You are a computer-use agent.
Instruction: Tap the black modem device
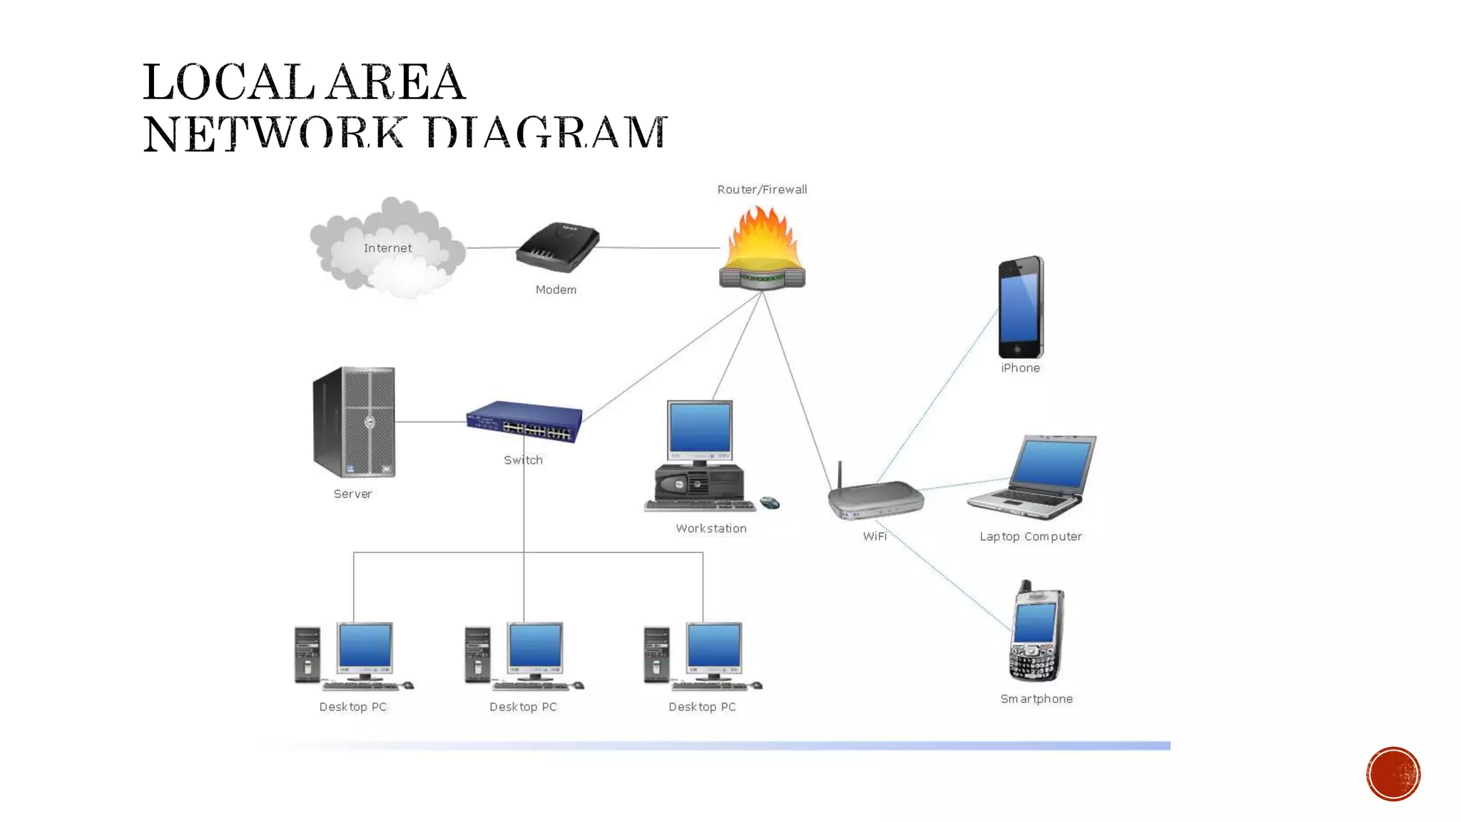[x=558, y=247]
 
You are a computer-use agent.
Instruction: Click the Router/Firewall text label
[x=762, y=189]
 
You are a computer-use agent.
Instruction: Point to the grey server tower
[x=354, y=422]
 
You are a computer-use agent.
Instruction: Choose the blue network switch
[x=524, y=422]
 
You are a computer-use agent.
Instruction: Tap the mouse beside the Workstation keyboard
[x=770, y=503]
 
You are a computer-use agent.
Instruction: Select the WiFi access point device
[x=876, y=499]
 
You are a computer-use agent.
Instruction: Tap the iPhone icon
[x=1021, y=308]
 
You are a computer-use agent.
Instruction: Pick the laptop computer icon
[x=1032, y=477]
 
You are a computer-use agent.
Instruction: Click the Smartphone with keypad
[x=1037, y=631]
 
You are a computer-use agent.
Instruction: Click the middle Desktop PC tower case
[x=477, y=654]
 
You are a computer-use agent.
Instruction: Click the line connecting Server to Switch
[x=430, y=422]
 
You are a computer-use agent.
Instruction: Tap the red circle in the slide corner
[x=1393, y=774]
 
